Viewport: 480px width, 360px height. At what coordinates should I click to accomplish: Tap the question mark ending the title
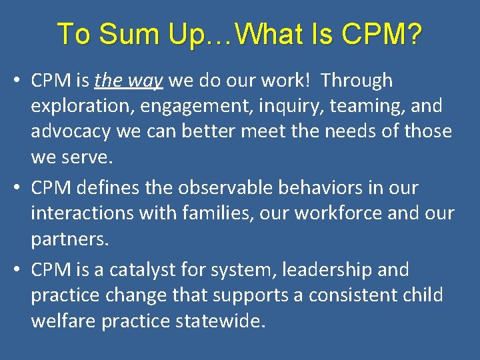click(413, 34)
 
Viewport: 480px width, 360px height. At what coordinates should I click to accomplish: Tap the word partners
click(69, 239)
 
